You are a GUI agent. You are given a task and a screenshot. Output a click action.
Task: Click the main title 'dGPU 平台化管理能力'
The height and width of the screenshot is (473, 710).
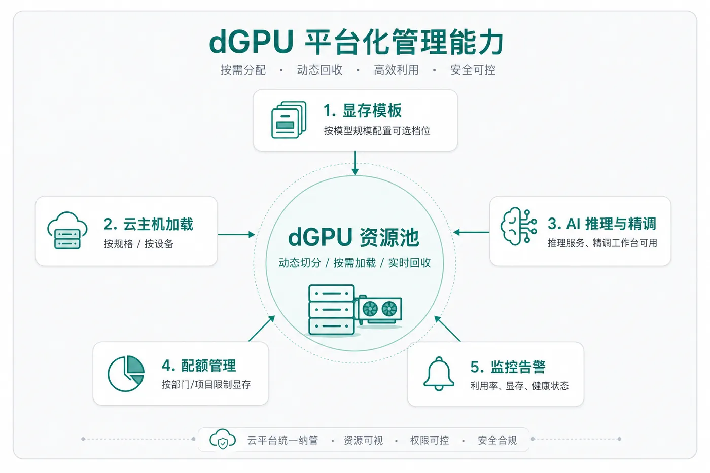pos(356,42)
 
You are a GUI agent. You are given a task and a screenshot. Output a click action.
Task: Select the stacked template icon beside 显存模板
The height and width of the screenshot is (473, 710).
pos(289,120)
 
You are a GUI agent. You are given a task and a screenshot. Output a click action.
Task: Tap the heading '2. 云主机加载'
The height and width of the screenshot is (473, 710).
pos(148,224)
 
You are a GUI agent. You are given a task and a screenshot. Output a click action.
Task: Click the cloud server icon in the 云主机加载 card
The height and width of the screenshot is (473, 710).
pos(67,230)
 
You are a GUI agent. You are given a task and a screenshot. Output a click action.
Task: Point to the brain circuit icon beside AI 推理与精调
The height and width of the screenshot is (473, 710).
pos(519,226)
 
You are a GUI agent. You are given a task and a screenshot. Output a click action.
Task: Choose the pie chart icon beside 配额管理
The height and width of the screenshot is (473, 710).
pos(126,374)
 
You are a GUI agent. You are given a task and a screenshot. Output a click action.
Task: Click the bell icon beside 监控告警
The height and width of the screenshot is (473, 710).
pos(439,374)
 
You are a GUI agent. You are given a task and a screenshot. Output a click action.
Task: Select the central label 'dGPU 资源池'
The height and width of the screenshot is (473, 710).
pos(354,237)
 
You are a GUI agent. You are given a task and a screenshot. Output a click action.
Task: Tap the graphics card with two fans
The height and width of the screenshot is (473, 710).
pos(378,310)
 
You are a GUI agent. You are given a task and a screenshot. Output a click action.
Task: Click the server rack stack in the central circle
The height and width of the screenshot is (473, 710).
pos(331,310)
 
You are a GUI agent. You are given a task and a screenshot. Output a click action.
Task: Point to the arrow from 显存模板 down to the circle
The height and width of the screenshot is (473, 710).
pos(355,163)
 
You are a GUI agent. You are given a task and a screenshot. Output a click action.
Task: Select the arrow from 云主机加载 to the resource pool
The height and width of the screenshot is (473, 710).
pos(236,234)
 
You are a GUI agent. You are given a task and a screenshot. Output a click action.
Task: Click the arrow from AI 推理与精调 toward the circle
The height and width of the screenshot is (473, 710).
pos(471,232)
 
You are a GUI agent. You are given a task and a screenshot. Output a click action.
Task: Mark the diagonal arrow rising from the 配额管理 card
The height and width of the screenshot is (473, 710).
pos(262,329)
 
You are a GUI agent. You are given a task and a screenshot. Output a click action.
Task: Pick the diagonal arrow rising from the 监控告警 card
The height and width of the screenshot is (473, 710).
pos(447,329)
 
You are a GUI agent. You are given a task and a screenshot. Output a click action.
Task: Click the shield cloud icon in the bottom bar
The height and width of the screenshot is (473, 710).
pos(223,439)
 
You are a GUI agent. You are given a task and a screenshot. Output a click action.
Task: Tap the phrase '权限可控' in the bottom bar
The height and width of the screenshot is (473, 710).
pos(430,441)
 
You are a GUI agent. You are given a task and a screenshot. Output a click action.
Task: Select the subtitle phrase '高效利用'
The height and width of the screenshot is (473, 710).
pos(396,69)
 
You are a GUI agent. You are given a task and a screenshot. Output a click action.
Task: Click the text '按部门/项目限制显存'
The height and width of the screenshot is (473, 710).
pos(206,385)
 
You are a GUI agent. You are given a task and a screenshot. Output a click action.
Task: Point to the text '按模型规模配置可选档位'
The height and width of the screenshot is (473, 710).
pos(377,130)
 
